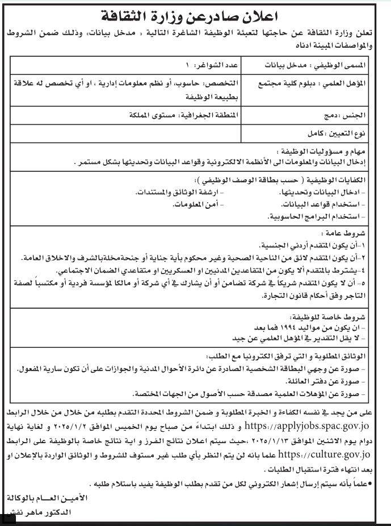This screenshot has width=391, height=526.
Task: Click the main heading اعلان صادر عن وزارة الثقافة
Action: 195,14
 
